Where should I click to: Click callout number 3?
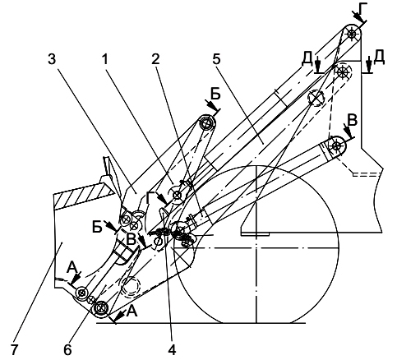(x=52, y=59)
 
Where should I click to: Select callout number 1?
(x=105, y=59)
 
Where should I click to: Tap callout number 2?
(x=155, y=59)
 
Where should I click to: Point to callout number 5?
(x=216, y=59)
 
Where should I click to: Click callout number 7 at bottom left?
(x=14, y=349)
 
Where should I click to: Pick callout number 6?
(x=67, y=349)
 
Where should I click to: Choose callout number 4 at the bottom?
(x=172, y=349)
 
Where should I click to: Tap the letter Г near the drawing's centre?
(x=150, y=198)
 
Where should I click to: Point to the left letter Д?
(x=307, y=60)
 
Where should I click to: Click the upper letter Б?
(x=215, y=95)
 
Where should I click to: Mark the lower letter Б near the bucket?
(x=97, y=227)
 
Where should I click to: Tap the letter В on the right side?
(x=352, y=120)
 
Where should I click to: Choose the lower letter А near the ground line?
(x=132, y=312)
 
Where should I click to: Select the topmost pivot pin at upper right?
(x=352, y=34)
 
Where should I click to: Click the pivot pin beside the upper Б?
(x=206, y=124)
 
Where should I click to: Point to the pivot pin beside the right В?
(x=336, y=145)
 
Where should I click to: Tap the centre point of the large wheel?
(x=256, y=248)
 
